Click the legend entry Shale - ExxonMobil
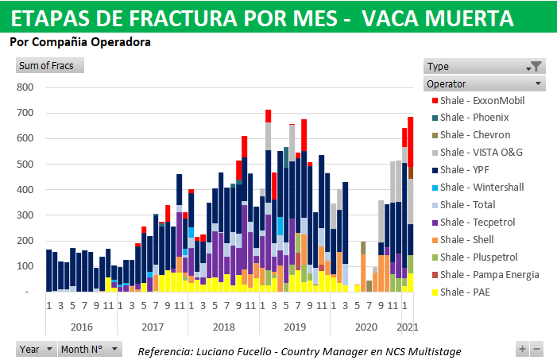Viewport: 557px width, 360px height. click(482, 101)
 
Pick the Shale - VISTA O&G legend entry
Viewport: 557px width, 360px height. click(481, 153)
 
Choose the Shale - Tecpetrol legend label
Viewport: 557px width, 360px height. click(477, 223)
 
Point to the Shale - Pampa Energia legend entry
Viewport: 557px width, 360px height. click(487, 275)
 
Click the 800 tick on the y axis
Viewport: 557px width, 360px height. click(25, 87)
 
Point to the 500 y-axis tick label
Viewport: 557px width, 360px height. click(25, 165)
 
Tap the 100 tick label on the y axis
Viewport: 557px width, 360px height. click(25, 266)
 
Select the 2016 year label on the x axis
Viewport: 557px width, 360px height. click(81, 327)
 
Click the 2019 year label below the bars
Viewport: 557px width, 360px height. click(294, 327)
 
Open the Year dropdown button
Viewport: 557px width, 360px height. click(37, 349)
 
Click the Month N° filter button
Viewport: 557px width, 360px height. click(90, 349)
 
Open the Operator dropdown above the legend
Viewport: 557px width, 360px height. click(485, 83)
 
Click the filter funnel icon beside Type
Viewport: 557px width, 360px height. click(536, 67)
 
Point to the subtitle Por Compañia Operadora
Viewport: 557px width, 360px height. click(80, 42)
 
